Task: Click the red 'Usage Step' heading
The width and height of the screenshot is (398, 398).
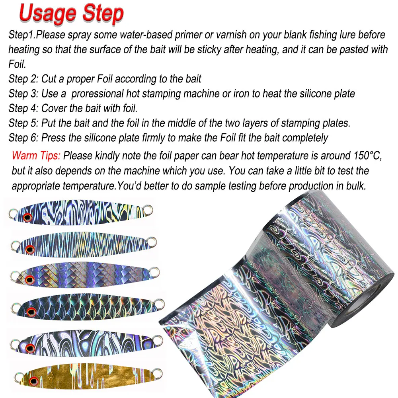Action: tap(71, 14)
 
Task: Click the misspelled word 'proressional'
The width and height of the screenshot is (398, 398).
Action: tap(103, 94)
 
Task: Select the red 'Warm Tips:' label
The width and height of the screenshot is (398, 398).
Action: tap(36, 156)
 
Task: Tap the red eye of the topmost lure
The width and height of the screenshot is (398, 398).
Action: tap(27, 217)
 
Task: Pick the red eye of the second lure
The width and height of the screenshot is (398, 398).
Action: tap(29, 249)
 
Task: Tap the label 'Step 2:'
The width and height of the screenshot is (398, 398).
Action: tap(23, 79)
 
